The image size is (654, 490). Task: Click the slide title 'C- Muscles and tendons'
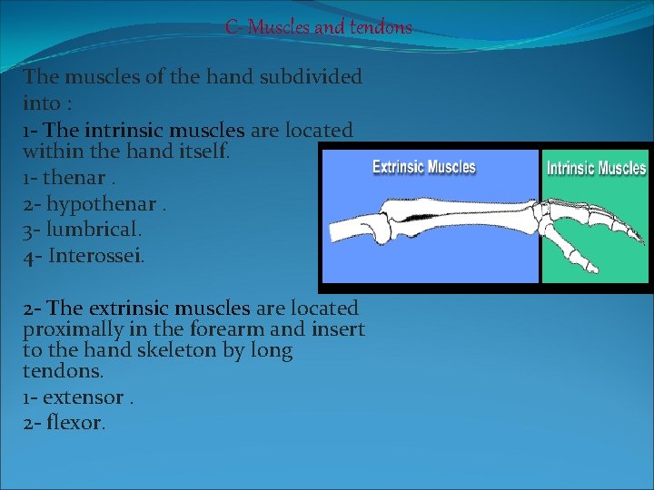[x=319, y=27]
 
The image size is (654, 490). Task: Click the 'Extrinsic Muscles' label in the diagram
[x=424, y=167]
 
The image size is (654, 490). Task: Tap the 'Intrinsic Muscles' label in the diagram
[x=596, y=168]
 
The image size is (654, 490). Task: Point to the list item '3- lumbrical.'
[x=82, y=230]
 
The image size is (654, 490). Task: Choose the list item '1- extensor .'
[x=78, y=397]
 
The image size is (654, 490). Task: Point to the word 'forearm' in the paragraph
[x=224, y=328]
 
